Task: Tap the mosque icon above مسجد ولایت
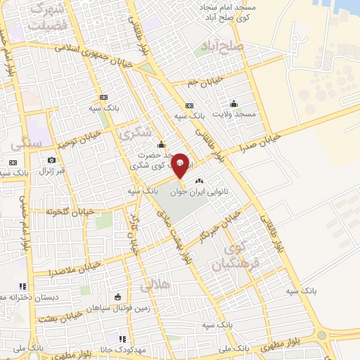point(234,103)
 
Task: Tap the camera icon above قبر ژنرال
point(51,160)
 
